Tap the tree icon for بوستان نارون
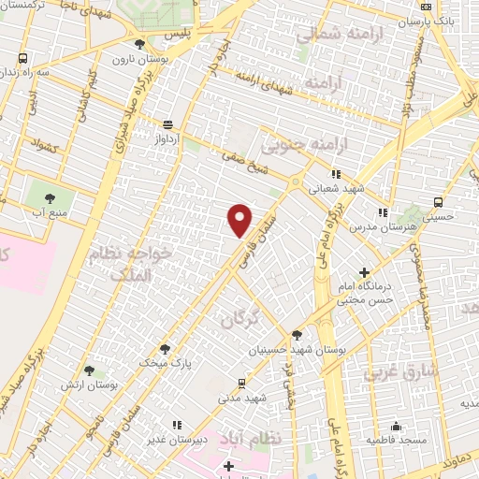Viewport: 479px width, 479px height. coord(140,44)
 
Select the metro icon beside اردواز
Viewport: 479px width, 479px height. coord(167,123)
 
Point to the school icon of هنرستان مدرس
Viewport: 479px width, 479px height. coord(382,211)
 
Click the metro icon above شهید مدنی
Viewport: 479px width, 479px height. coord(243,383)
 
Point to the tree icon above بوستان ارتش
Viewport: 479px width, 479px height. coord(89,371)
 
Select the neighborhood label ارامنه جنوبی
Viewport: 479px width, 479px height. coord(293,144)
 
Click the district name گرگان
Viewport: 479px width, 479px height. coord(238,320)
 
